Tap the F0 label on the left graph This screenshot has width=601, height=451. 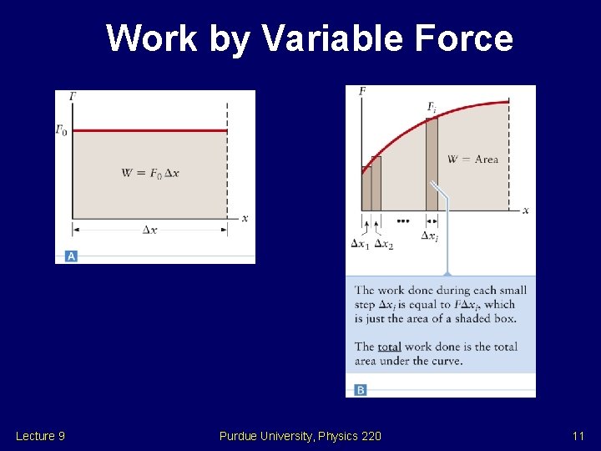tap(62, 130)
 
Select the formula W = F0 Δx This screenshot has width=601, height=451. tap(150, 173)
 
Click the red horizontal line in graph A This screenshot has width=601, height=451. tap(150, 130)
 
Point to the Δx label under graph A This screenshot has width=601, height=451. tap(149, 230)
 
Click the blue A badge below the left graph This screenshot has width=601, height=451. tap(71, 256)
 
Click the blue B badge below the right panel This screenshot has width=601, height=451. tap(361, 389)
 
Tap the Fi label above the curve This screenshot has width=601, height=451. tap(432, 107)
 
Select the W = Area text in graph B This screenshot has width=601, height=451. tap(472, 159)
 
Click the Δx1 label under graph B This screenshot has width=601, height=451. tap(360, 244)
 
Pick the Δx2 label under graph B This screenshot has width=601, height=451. tap(384, 244)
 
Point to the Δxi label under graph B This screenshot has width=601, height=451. tap(430, 236)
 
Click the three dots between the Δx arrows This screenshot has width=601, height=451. tap(403, 221)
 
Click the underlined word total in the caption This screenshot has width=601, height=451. tap(389, 347)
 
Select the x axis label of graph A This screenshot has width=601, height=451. tap(245, 218)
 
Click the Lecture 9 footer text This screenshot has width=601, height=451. tap(40, 436)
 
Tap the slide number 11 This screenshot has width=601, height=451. tap(578, 436)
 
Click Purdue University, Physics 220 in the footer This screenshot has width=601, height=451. tap(300, 436)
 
